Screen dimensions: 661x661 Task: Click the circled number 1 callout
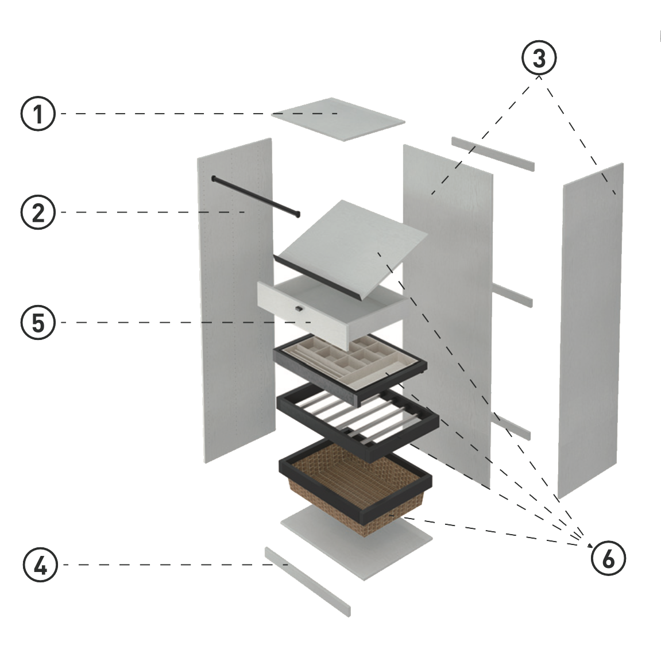(x=38, y=114)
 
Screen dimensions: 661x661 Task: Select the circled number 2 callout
(x=38, y=212)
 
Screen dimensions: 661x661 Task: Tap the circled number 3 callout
(x=539, y=58)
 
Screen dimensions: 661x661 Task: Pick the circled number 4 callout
(x=40, y=565)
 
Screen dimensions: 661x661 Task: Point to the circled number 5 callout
(x=38, y=322)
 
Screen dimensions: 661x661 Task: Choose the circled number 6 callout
(x=608, y=558)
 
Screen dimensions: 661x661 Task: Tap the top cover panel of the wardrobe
(x=338, y=119)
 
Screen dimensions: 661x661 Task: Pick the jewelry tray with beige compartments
(x=350, y=365)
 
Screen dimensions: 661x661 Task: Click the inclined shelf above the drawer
(x=356, y=241)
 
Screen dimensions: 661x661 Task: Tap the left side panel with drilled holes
(x=235, y=299)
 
